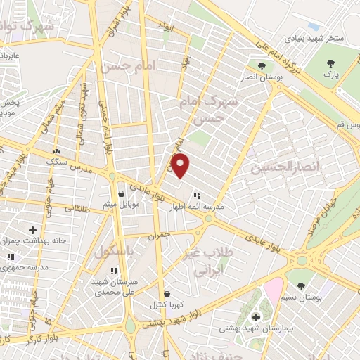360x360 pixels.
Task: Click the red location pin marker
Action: [x=181, y=166]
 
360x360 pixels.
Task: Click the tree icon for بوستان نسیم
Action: [x=302, y=285]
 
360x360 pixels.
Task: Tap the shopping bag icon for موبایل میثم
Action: [x=122, y=193]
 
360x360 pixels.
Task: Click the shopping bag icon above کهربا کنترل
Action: [x=167, y=295]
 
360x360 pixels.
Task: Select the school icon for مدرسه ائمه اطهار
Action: [x=196, y=195]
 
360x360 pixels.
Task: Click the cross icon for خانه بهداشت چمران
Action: [x=33, y=229]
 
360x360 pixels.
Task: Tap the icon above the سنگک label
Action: [x=57, y=150]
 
